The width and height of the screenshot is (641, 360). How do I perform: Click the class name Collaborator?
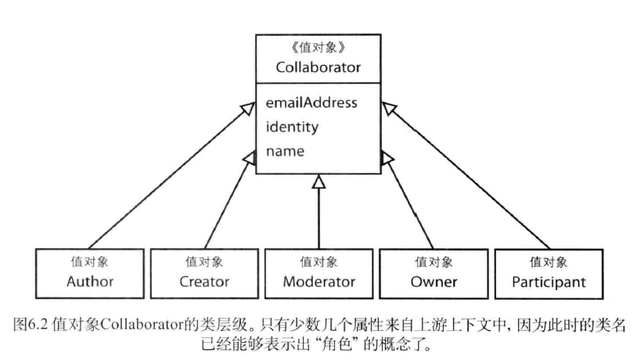(x=318, y=67)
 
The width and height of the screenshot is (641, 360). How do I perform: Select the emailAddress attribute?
(x=311, y=103)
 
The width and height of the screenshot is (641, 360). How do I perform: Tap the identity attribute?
(x=292, y=126)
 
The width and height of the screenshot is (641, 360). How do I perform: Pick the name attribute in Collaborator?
(x=285, y=150)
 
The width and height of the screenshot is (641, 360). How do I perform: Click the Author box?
(x=90, y=272)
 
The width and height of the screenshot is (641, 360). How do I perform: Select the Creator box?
(x=203, y=272)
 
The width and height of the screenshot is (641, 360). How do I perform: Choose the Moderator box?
(x=319, y=272)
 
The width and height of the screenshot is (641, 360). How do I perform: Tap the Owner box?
(x=434, y=272)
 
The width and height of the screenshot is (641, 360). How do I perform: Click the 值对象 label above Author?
(x=90, y=262)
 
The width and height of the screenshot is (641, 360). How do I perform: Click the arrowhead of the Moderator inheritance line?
(x=318, y=182)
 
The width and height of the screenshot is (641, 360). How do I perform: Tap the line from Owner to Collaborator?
(x=409, y=203)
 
